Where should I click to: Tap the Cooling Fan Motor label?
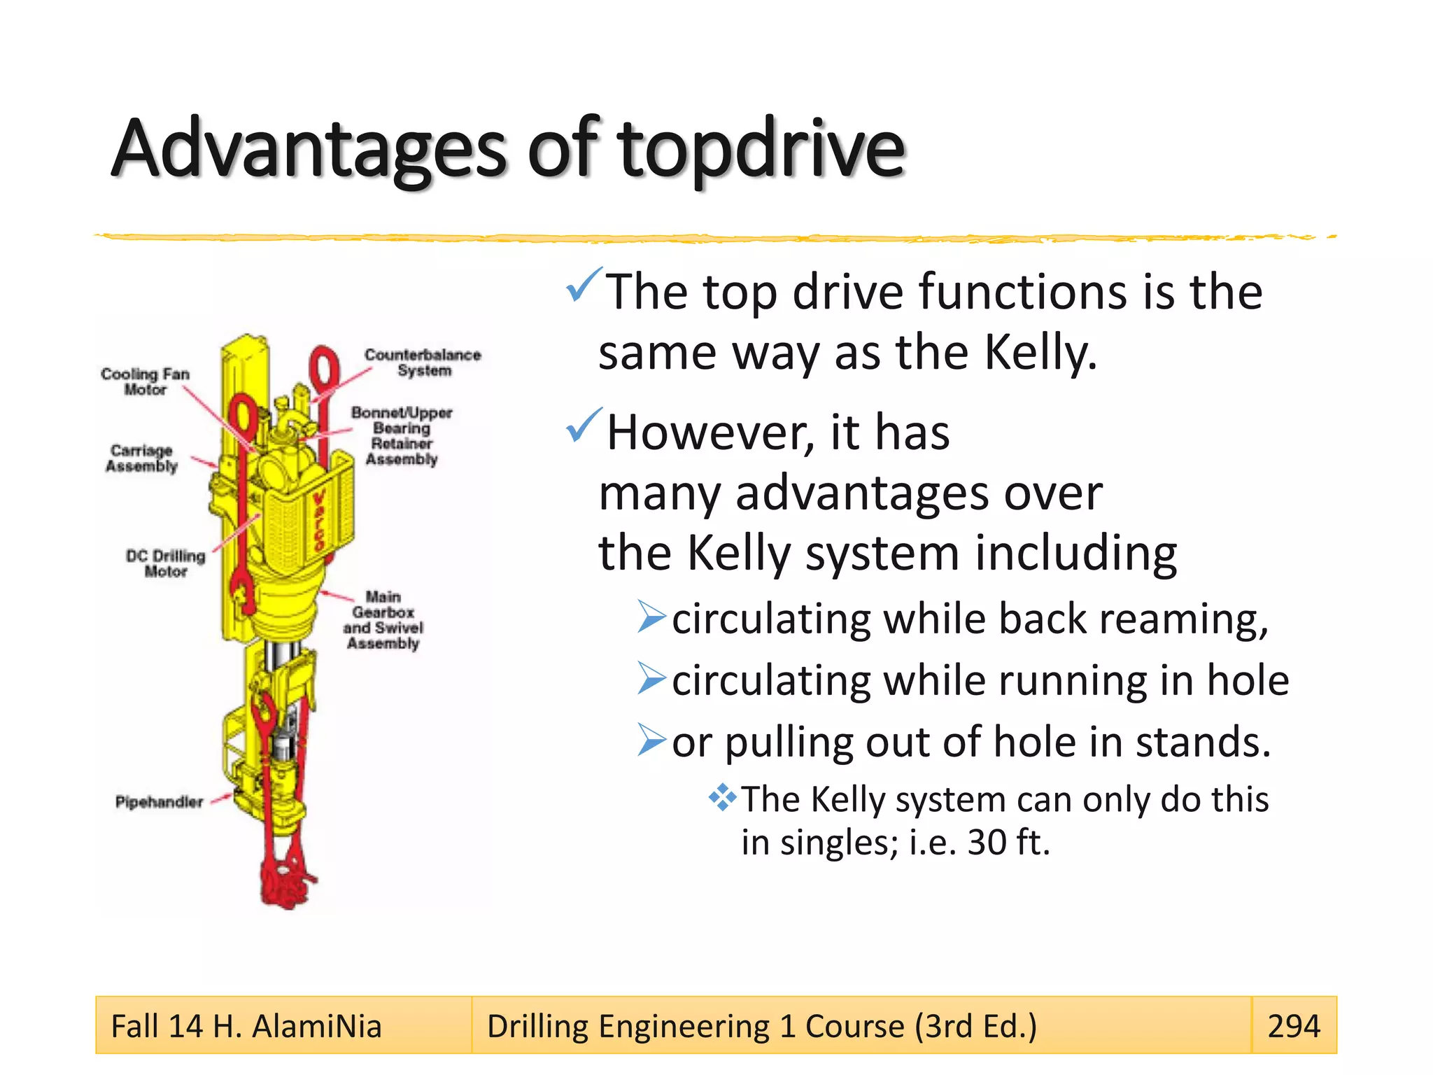[145, 381]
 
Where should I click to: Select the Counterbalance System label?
[423, 363]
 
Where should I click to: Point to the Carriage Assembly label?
[141, 458]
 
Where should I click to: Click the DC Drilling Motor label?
[165, 563]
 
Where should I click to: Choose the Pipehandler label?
[159, 802]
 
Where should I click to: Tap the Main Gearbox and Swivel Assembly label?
[383, 620]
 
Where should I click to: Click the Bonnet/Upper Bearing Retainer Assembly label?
[402, 435]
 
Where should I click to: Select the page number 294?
[1293, 1026]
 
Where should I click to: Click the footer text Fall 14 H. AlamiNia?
[246, 1027]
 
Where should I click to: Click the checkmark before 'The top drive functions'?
[583, 285]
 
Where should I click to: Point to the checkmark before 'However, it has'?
[583, 426]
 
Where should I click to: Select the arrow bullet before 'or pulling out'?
[651, 740]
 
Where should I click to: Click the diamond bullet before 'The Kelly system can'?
[722, 797]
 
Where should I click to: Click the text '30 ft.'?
[1008, 843]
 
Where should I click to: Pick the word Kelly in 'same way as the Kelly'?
[1040, 352]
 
